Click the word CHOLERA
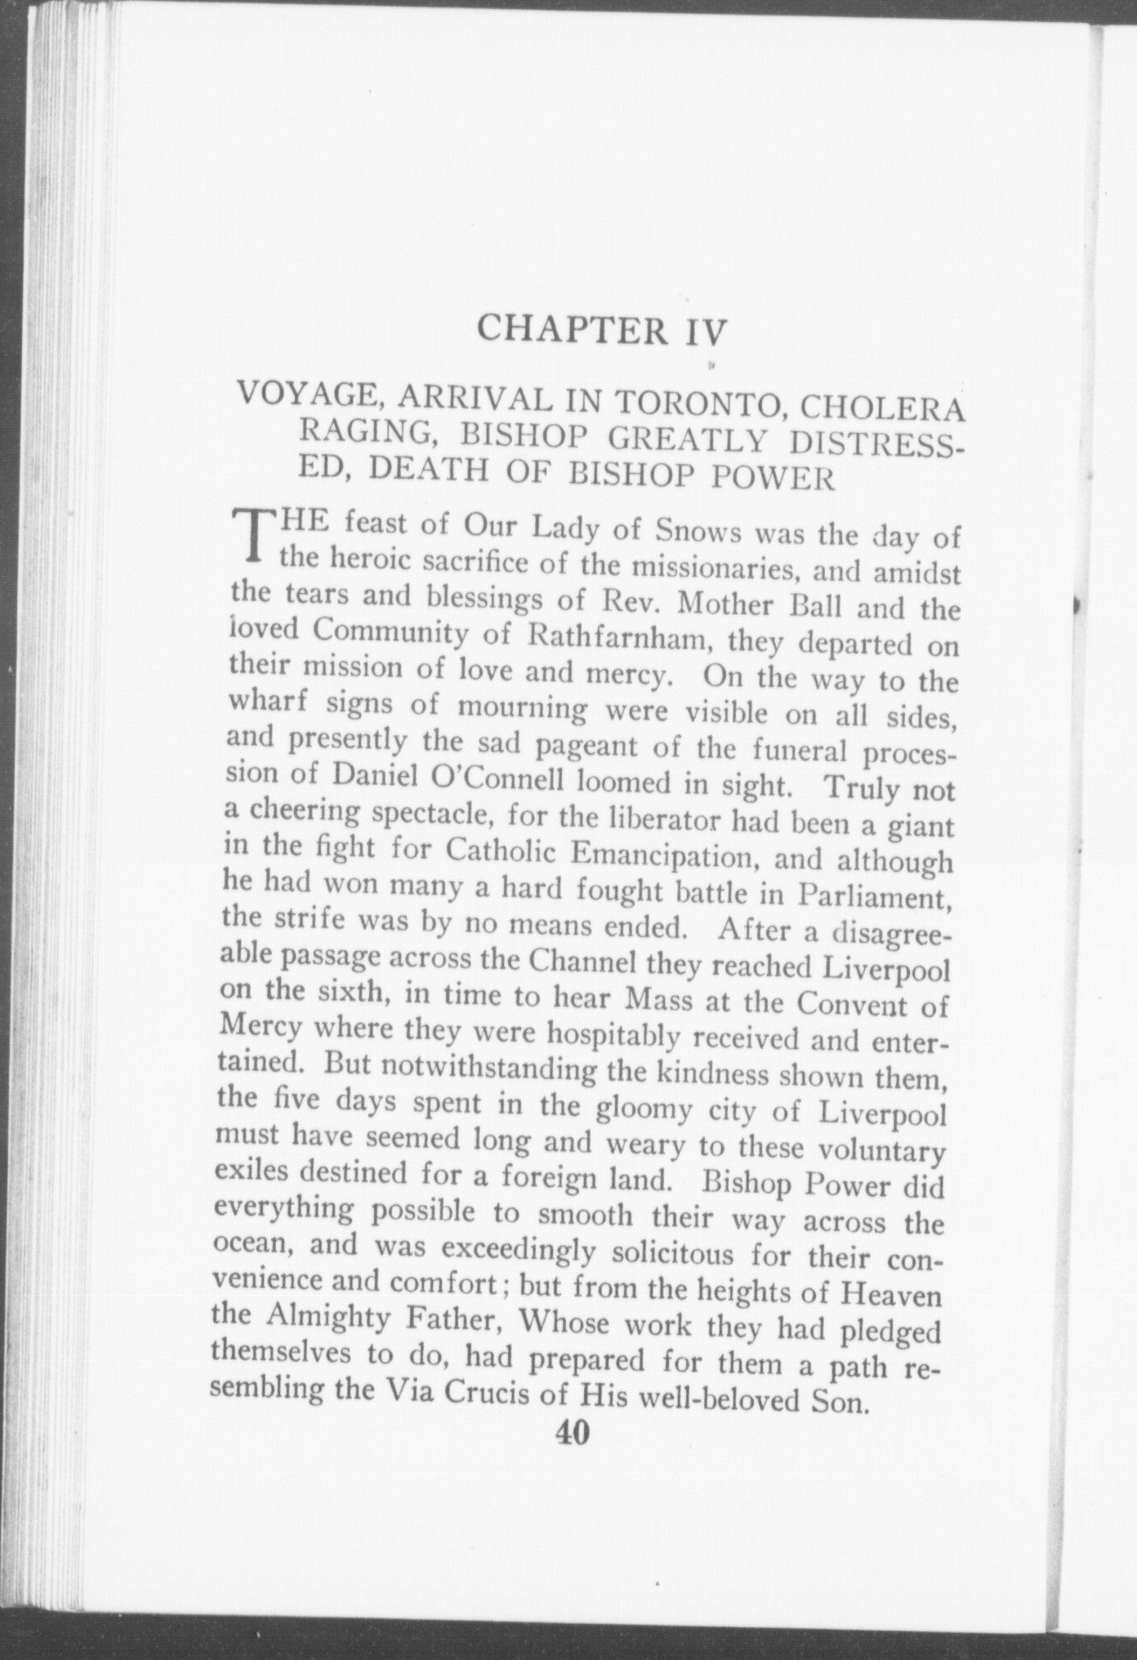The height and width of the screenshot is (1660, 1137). (882, 410)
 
